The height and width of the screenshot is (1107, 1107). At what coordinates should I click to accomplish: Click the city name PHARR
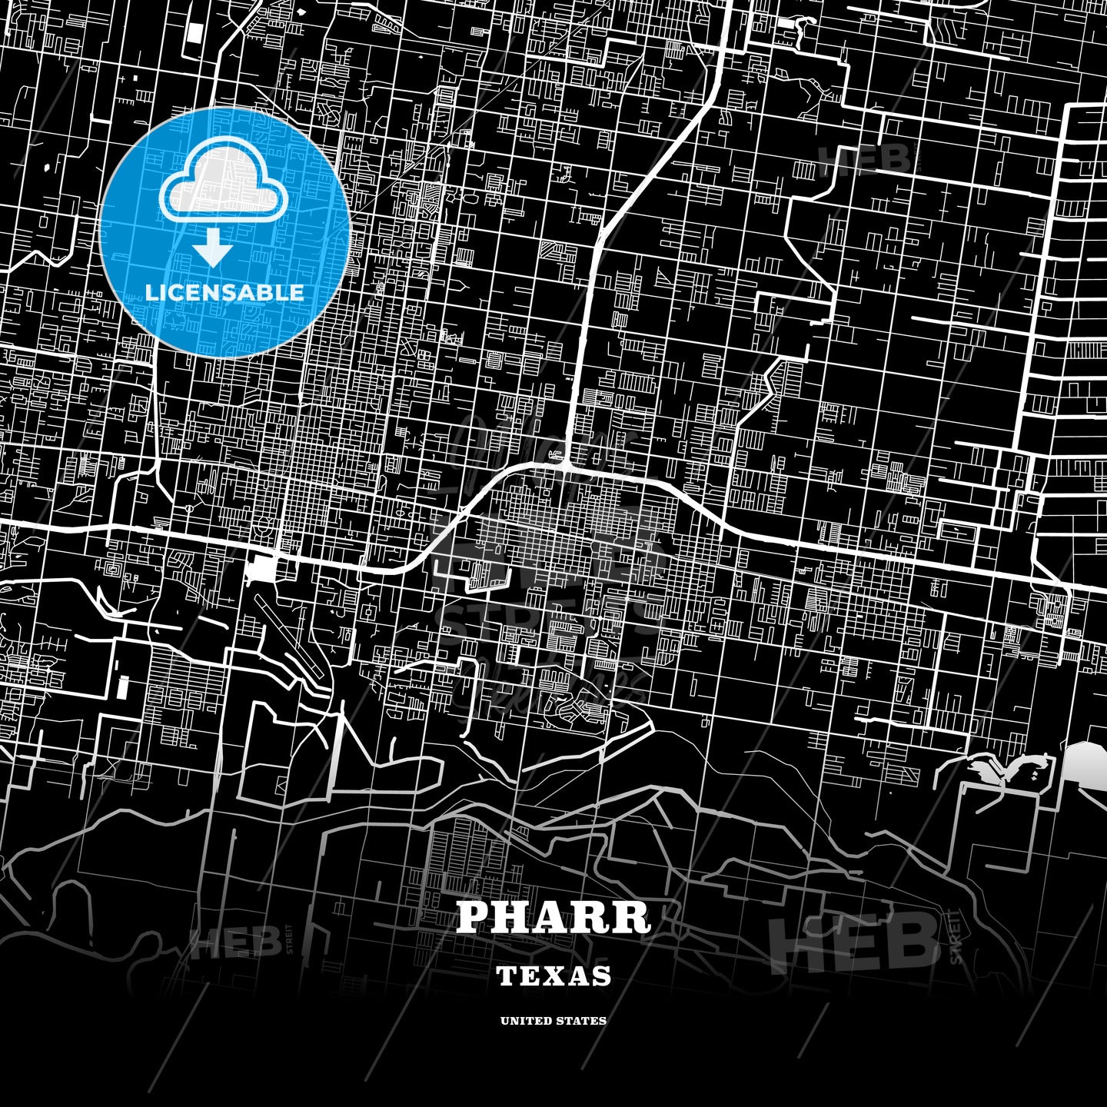pos(553,916)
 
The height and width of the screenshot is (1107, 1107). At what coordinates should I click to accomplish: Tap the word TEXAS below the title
pos(553,976)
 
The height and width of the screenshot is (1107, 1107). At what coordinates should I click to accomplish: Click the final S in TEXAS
pos(603,976)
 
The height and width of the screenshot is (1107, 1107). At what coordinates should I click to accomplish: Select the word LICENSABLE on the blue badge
pos(224,292)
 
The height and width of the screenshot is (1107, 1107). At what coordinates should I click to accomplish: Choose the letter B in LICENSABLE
pos(264,292)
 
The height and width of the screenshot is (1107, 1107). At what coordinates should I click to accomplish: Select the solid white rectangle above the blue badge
pos(194,32)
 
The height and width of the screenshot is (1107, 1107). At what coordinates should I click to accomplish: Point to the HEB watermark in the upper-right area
pos(865,159)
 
